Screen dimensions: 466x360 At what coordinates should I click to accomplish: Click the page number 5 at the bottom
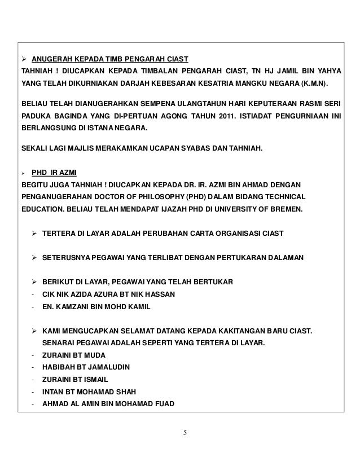click(187, 433)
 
